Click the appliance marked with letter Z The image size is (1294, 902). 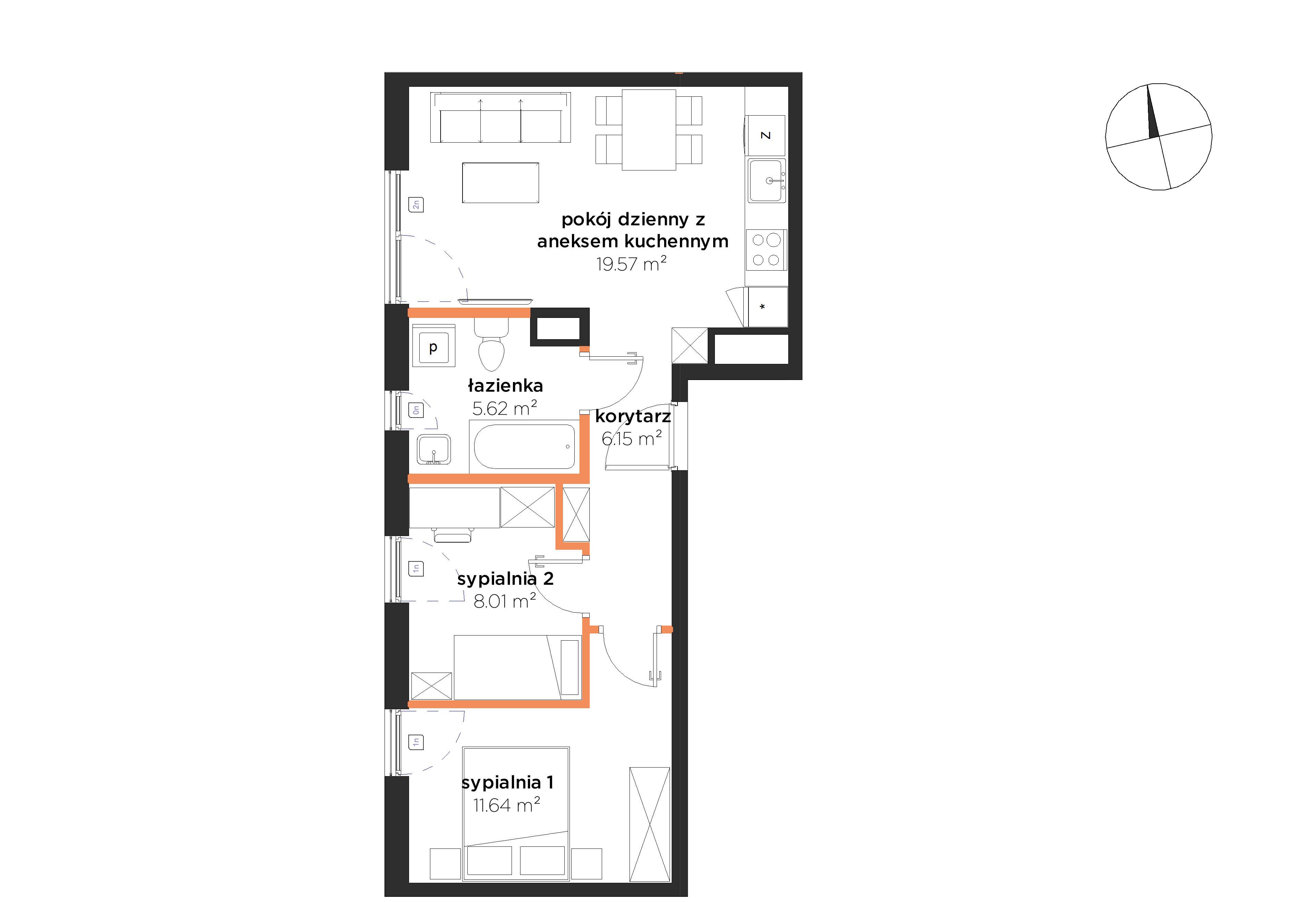tap(765, 135)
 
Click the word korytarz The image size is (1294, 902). tap(633, 417)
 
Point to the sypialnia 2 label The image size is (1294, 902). tap(505, 579)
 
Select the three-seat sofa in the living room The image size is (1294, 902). tap(501, 118)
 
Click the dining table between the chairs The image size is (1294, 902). tap(649, 130)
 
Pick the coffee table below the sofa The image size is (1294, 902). tap(501, 183)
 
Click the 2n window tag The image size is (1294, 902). tap(416, 205)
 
